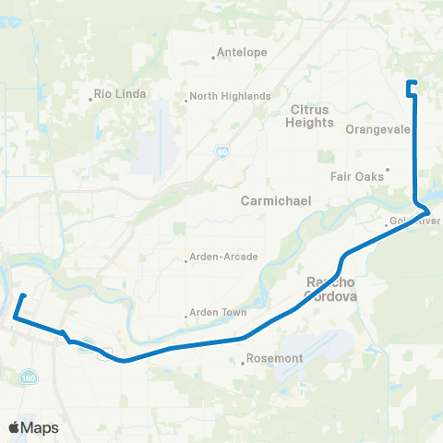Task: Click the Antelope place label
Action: click(244, 53)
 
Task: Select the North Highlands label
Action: click(232, 96)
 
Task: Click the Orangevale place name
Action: click(377, 130)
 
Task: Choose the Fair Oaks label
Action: click(354, 174)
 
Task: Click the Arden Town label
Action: click(220, 312)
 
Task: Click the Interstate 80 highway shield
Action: click(222, 151)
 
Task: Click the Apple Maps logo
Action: click(33, 427)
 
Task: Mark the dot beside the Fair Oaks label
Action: click(388, 169)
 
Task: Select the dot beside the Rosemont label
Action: click(243, 363)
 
